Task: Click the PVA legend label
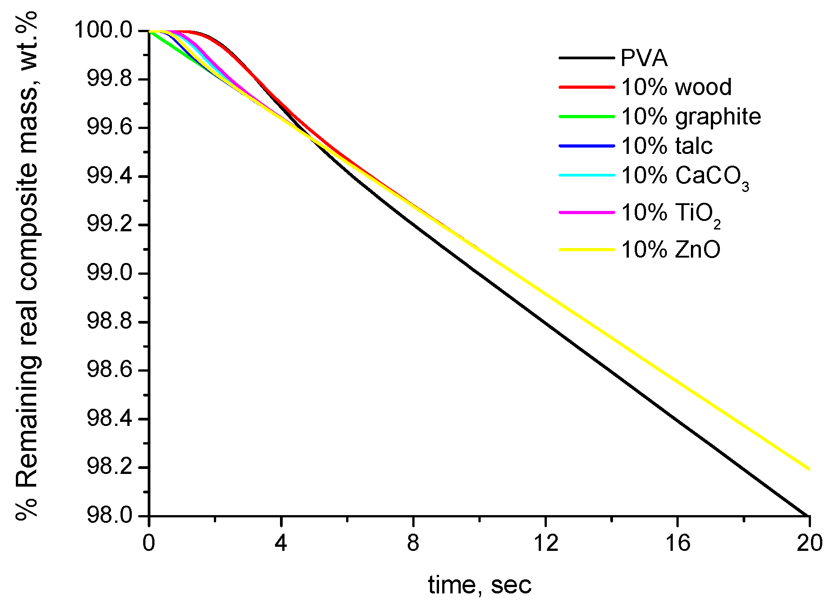click(x=644, y=58)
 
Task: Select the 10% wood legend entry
click(x=676, y=87)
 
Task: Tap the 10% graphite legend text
click(x=691, y=117)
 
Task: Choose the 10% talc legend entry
click(x=667, y=146)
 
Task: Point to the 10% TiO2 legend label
click(x=671, y=213)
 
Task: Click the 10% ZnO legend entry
click(x=671, y=250)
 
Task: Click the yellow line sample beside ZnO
click(x=587, y=250)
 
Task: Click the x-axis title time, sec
click(x=479, y=585)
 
